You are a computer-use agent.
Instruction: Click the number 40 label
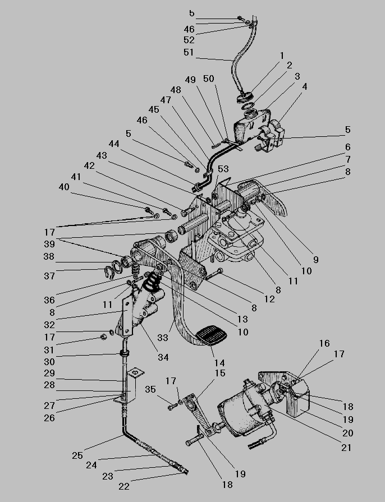(65, 188)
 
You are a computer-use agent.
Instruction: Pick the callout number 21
(346, 448)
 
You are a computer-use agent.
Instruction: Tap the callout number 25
(77, 455)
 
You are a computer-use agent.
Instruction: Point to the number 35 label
(150, 389)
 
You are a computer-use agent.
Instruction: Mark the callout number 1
(281, 55)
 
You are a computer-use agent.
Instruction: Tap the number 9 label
(315, 260)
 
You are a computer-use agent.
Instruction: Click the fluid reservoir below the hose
(247, 126)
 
